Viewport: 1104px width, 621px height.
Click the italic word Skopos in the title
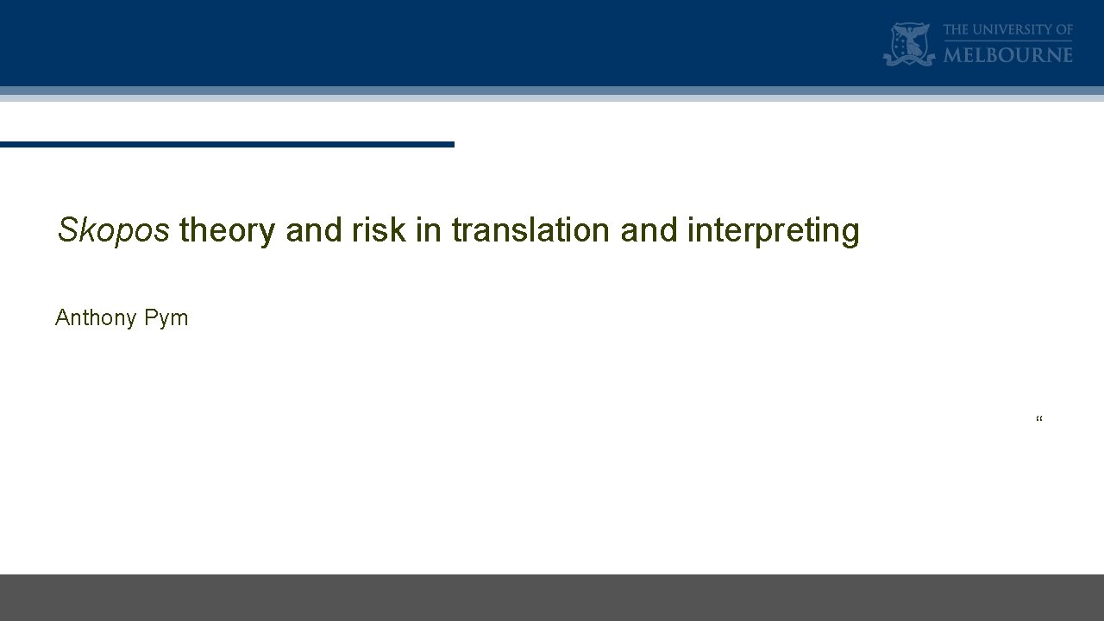(x=113, y=231)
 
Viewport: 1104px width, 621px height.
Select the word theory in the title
(x=228, y=231)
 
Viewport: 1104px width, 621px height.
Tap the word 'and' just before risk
(x=314, y=231)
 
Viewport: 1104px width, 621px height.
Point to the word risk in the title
(x=379, y=231)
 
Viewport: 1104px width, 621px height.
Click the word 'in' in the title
(x=429, y=231)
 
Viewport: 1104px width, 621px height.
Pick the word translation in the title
(x=530, y=231)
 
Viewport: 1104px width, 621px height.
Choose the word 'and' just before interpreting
(x=649, y=231)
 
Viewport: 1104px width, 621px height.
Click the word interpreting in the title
(x=774, y=231)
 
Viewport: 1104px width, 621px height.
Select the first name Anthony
(x=96, y=318)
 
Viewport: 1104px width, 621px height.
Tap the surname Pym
(x=166, y=318)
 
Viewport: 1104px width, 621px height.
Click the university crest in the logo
(x=909, y=45)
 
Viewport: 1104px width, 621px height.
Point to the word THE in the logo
(x=957, y=30)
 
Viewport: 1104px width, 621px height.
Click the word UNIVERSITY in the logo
(x=1010, y=30)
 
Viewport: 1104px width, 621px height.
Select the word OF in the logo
(x=1063, y=30)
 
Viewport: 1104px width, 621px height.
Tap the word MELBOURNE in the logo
(x=1008, y=55)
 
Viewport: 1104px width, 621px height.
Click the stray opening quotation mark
(x=1039, y=420)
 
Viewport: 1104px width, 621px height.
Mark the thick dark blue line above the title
(x=227, y=144)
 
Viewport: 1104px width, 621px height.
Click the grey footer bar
(x=552, y=597)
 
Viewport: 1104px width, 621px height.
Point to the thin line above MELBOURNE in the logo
(x=1008, y=41)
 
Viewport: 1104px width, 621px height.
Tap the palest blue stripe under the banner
(x=552, y=98)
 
